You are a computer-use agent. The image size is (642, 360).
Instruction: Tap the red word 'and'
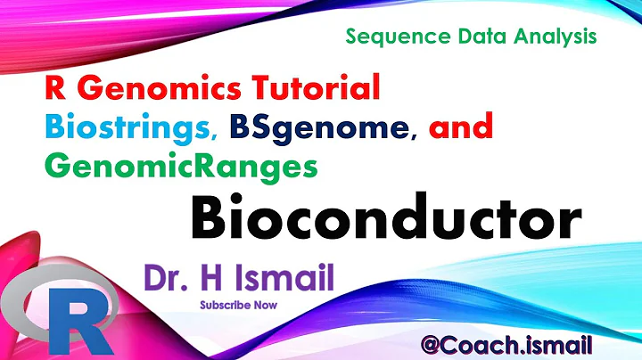460,128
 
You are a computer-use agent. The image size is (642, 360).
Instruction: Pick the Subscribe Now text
238,305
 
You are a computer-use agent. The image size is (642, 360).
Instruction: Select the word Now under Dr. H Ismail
264,305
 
